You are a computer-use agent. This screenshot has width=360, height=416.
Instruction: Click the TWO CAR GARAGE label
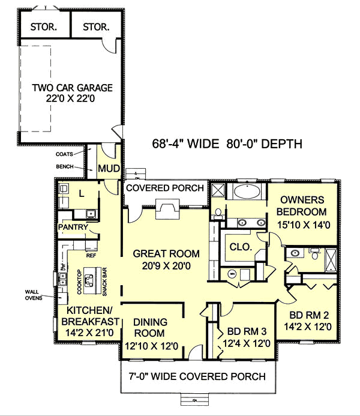(72, 88)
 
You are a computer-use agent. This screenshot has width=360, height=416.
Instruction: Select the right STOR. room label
(96, 27)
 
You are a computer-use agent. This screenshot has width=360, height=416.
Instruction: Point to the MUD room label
(109, 167)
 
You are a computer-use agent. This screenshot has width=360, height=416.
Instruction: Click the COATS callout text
(65, 154)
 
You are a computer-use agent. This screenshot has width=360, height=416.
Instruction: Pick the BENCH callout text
(65, 166)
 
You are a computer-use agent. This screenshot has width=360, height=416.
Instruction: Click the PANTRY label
(73, 228)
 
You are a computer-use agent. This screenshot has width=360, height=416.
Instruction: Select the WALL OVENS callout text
(34, 295)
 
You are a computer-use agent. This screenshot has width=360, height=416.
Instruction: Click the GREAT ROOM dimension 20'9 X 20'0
(166, 266)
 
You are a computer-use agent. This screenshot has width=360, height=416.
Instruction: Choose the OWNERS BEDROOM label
(302, 206)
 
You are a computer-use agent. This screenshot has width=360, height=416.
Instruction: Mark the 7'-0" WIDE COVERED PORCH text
(198, 376)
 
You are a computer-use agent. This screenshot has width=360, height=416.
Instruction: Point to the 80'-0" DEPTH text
(265, 144)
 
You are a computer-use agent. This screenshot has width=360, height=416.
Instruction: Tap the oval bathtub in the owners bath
(246, 192)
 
